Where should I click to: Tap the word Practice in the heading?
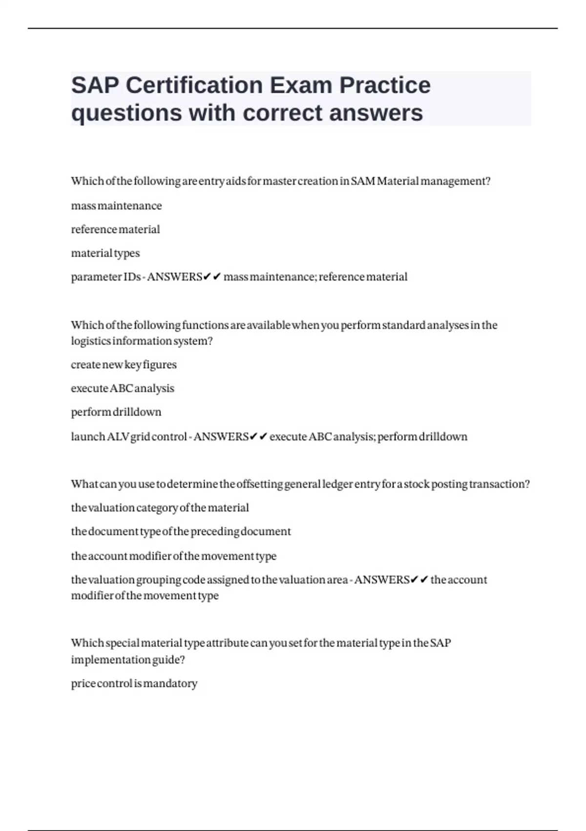(x=385, y=86)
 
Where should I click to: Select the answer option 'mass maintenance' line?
(x=116, y=206)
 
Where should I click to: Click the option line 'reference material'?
(x=115, y=229)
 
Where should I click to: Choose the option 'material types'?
(x=105, y=253)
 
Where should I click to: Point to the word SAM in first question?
(x=363, y=181)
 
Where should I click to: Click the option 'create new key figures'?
(x=124, y=365)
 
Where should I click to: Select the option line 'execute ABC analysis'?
(x=123, y=389)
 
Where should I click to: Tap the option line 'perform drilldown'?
(x=116, y=412)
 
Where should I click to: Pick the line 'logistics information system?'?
(x=142, y=341)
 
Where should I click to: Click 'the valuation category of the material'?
(x=160, y=508)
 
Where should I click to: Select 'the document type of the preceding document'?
(x=181, y=531)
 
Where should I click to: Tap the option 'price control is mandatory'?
(x=134, y=683)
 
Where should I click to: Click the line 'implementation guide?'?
(x=128, y=660)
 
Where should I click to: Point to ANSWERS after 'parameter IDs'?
(x=174, y=277)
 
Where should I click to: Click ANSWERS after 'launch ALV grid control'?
(x=221, y=437)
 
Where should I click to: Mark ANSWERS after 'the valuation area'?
(x=381, y=580)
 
